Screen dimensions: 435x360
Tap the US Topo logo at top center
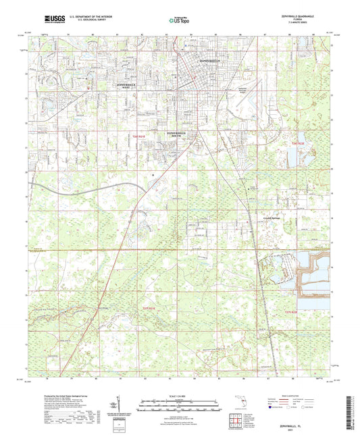[174, 22]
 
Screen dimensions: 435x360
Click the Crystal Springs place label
[272, 218]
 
